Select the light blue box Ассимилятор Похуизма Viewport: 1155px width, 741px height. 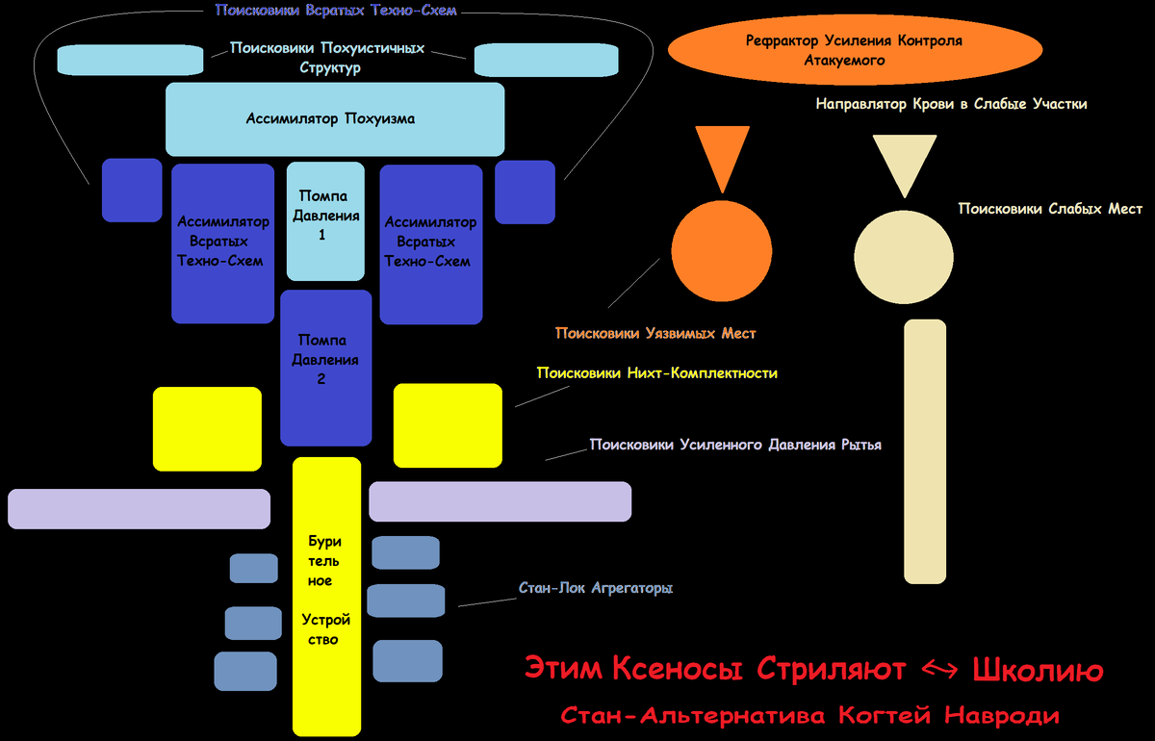click(x=335, y=119)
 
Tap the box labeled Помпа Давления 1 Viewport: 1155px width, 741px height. click(x=326, y=220)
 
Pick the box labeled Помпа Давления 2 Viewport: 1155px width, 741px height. click(x=325, y=367)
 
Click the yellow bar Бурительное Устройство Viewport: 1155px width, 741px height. click(x=325, y=597)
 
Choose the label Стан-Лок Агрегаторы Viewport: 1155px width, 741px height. click(x=595, y=587)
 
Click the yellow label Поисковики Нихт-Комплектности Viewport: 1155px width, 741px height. click(x=656, y=372)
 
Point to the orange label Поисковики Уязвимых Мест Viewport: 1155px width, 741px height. click(x=655, y=333)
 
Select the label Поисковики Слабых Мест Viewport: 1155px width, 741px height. click(x=1050, y=208)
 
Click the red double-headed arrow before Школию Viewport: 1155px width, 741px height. click(x=939, y=670)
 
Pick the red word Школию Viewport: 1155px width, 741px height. click(x=1038, y=669)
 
